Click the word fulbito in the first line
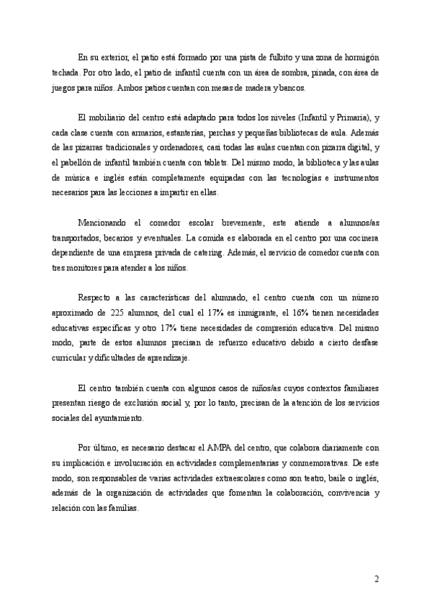point(271,57)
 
